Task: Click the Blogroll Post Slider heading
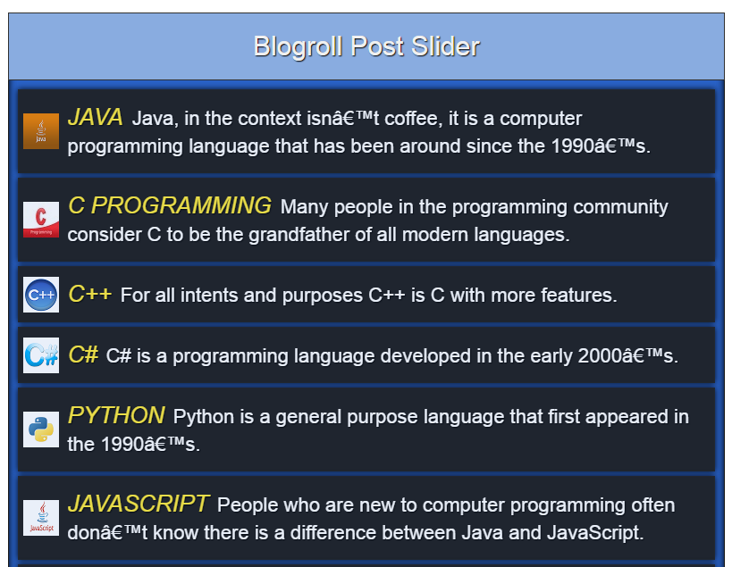click(366, 46)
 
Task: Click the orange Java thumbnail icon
click(41, 131)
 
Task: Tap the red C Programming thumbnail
click(41, 220)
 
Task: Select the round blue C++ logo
click(41, 295)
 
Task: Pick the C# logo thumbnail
click(41, 355)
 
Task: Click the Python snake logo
click(41, 429)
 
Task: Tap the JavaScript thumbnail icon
click(41, 518)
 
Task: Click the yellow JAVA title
click(96, 117)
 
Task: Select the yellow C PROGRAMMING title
click(170, 205)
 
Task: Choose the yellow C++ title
click(90, 295)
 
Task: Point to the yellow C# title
click(83, 354)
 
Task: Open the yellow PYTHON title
click(116, 415)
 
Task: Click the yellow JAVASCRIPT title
click(139, 504)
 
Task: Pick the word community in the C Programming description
click(621, 207)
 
